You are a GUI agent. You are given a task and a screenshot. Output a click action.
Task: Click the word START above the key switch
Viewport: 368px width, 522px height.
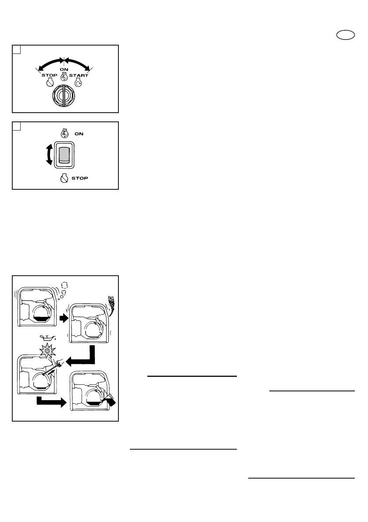(79, 75)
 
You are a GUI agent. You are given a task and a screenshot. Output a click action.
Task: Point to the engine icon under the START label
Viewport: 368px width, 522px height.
(79, 83)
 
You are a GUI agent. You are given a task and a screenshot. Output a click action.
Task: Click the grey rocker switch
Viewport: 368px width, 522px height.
(64, 155)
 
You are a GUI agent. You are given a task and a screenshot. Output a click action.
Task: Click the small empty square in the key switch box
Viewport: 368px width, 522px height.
(16, 50)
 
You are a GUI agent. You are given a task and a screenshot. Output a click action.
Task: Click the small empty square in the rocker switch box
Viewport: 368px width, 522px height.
(16, 126)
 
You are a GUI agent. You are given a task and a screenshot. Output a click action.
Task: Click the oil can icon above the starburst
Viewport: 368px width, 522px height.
(48, 337)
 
